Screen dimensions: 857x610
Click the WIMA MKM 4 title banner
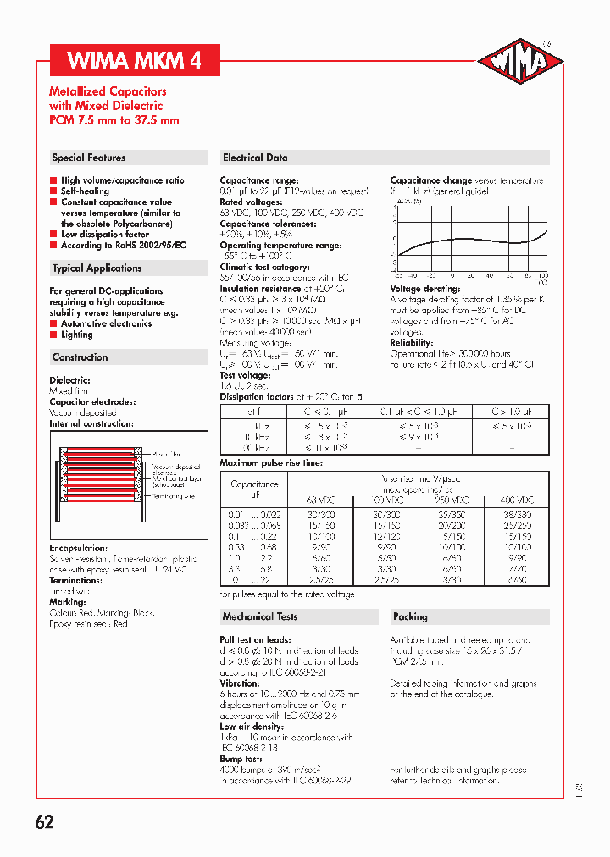click(133, 61)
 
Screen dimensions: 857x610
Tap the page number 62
click(45, 821)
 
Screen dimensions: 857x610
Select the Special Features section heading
click(89, 158)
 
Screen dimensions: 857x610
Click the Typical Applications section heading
click(97, 268)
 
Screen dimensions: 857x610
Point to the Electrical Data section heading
click(255, 158)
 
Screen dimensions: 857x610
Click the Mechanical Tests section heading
click(259, 616)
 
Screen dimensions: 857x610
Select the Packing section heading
click(410, 616)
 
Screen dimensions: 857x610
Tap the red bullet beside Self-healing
click(53, 191)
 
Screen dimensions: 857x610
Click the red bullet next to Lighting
click(53, 335)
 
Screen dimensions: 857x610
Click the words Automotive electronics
click(106, 323)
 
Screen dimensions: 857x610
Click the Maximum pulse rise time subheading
click(271, 463)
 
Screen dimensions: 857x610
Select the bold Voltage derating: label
click(424, 289)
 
